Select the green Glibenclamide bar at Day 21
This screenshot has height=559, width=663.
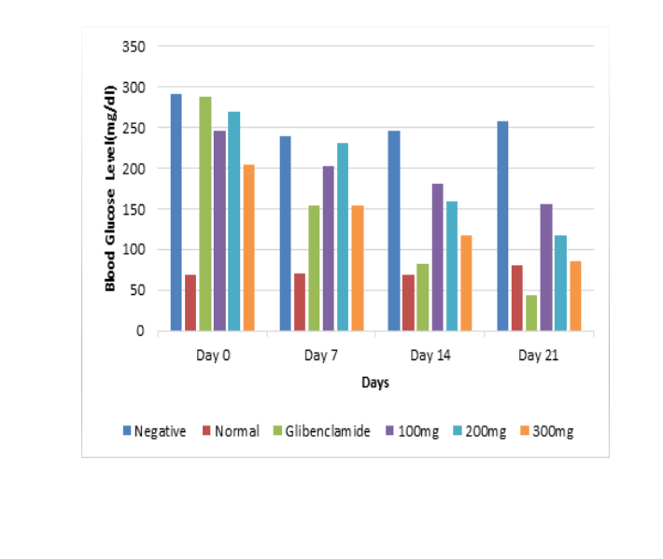[531, 313]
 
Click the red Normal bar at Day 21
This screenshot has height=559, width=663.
[516, 298]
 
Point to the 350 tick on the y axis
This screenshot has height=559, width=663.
[134, 46]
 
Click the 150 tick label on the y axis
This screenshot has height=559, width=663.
[134, 208]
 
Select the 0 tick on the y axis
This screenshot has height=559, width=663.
[140, 330]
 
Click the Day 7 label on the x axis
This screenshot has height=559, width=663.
[320, 356]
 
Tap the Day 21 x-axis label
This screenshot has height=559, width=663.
[539, 356]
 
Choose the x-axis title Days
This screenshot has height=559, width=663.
[375, 383]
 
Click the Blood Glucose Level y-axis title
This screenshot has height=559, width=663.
[111, 187]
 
